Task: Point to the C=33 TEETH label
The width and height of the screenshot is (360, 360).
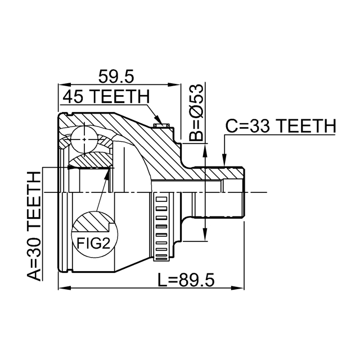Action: coord(280,126)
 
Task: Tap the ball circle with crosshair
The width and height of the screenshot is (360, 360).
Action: coord(84,137)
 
